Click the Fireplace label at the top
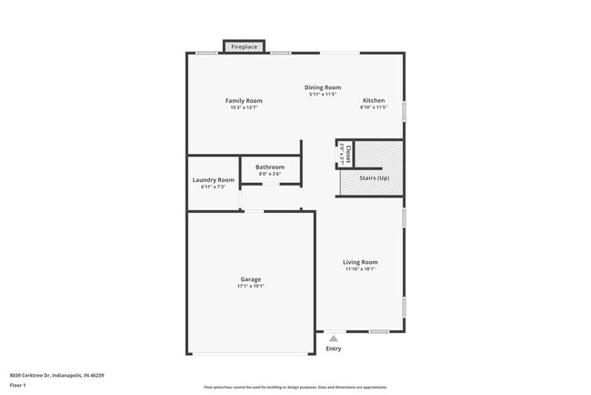(x=245, y=46)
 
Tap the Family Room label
(x=244, y=100)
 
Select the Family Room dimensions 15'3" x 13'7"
(x=244, y=108)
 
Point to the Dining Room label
(x=323, y=86)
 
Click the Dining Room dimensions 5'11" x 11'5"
(x=323, y=94)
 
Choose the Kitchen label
(x=374, y=100)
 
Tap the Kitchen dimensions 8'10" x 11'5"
(x=374, y=108)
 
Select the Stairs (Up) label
(x=374, y=177)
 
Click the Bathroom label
(x=270, y=167)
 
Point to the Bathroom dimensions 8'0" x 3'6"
(x=270, y=174)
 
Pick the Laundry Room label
(x=214, y=179)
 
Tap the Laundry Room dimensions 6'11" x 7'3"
(x=214, y=187)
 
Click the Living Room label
(x=361, y=261)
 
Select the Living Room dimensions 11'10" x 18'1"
(x=361, y=269)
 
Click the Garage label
(x=251, y=279)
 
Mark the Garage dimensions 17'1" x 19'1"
(x=251, y=287)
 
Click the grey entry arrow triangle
(x=334, y=338)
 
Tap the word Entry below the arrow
(x=334, y=349)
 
